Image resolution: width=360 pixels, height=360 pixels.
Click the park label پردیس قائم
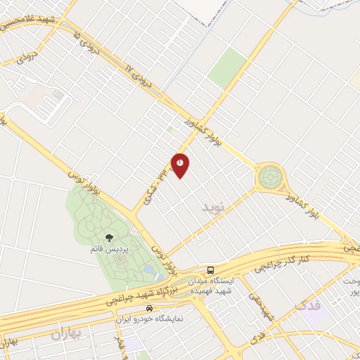tap(109, 249)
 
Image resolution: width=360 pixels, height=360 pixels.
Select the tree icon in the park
tap(109, 238)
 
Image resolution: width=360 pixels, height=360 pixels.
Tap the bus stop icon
tap(210, 270)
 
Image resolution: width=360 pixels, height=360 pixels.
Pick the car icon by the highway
tap(148, 309)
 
